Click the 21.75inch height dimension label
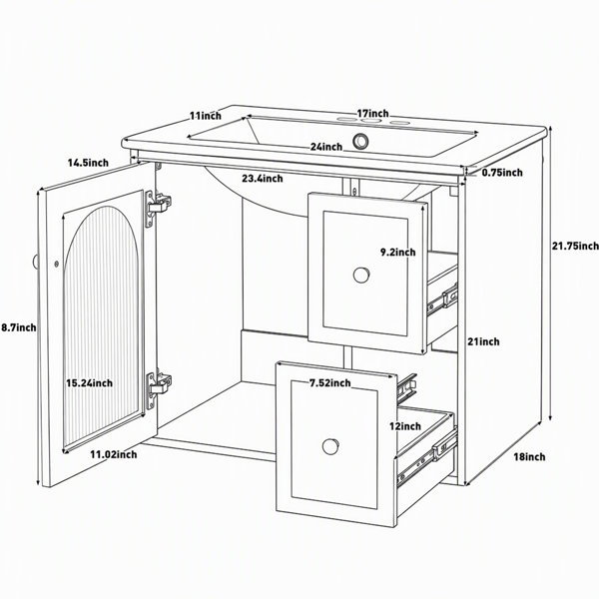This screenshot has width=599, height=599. pyautogui.click(x=575, y=246)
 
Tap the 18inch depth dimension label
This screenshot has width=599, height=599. pyautogui.click(x=529, y=456)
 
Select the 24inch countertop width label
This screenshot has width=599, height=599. pyautogui.click(x=325, y=147)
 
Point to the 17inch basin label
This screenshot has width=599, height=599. pyautogui.click(x=372, y=114)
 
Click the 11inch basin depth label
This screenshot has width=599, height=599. pyautogui.click(x=206, y=115)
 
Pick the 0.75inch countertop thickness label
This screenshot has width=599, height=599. pyautogui.click(x=502, y=173)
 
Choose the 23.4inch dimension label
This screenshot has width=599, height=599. pyautogui.click(x=263, y=179)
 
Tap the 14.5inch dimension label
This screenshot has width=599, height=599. pyautogui.click(x=88, y=163)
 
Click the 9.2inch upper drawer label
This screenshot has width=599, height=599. pyautogui.click(x=397, y=253)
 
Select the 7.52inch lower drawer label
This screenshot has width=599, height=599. pyautogui.click(x=330, y=382)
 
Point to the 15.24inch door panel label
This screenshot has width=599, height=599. pyautogui.click(x=90, y=382)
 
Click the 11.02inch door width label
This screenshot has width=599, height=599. pyautogui.click(x=114, y=454)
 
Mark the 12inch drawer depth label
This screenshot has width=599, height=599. pyautogui.click(x=405, y=426)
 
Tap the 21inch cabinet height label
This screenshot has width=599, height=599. pyautogui.click(x=483, y=341)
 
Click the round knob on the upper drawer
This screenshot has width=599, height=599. pyautogui.click(x=361, y=276)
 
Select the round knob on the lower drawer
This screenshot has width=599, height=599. pyautogui.click(x=330, y=446)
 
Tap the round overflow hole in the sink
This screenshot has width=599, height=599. pyautogui.click(x=360, y=141)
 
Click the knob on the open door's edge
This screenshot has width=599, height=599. pyautogui.click(x=35, y=262)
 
